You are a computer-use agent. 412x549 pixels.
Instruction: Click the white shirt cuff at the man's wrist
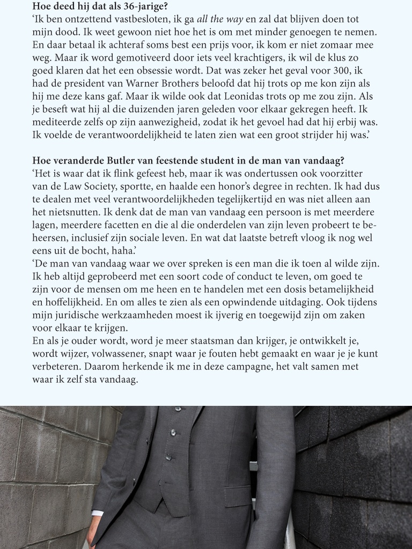97,513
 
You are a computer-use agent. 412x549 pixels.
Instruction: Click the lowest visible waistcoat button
168,457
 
